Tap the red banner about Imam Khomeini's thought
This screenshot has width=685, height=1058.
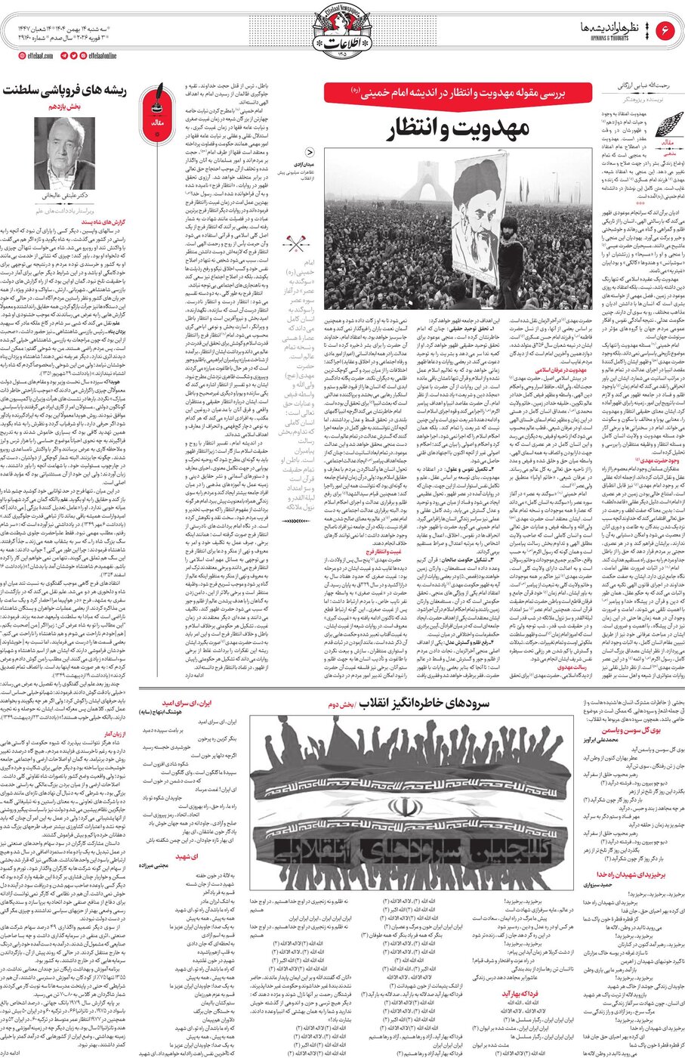tap(458, 92)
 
